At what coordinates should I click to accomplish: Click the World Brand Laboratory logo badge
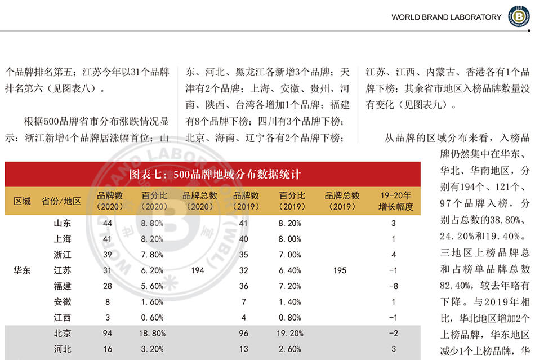(519, 16)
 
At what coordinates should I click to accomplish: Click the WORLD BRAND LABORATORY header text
(446, 17)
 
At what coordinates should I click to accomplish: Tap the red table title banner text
(213, 174)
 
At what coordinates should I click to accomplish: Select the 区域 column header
(23, 201)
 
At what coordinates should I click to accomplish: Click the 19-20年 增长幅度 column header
(396, 201)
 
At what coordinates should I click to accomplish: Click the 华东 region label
(23, 270)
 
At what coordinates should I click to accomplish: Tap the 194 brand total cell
(198, 270)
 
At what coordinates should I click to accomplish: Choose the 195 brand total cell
(340, 270)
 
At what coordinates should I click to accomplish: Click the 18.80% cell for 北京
(152, 334)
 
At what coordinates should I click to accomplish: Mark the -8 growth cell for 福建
(394, 286)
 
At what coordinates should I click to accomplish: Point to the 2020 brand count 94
(108, 334)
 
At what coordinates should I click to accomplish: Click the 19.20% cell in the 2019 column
(292, 334)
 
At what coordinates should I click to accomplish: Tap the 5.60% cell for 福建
(152, 286)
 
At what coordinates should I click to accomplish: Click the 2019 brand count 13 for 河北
(244, 349)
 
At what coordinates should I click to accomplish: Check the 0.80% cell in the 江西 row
(292, 318)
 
